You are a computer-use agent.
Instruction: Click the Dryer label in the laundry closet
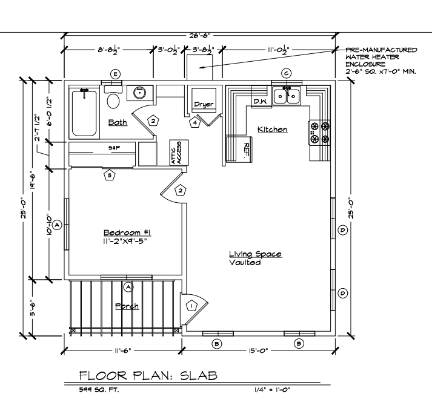click(x=204, y=104)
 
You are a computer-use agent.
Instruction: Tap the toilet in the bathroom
click(x=113, y=100)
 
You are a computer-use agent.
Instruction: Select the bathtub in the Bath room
click(x=84, y=113)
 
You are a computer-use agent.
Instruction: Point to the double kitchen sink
click(x=287, y=96)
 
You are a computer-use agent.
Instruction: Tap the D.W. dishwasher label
click(x=261, y=101)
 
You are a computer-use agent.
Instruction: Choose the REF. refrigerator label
click(x=246, y=150)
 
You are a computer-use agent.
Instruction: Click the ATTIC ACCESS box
click(x=179, y=153)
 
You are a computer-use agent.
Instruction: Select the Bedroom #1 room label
click(x=127, y=232)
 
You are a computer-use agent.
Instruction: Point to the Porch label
click(x=127, y=306)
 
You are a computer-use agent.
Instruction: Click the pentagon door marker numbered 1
click(x=191, y=306)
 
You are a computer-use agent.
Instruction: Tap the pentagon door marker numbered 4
click(x=195, y=122)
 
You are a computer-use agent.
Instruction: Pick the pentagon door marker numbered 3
click(x=110, y=175)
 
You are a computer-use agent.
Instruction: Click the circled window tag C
click(x=286, y=73)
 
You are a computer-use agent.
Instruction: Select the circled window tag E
click(x=116, y=74)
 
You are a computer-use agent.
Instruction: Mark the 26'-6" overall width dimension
click(x=200, y=36)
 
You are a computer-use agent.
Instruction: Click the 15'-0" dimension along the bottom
click(x=258, y=351)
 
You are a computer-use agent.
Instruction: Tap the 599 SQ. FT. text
click(x=99, y=390)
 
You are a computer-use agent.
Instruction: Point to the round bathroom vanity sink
click(x=140, y=93)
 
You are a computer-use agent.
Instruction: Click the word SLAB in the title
click(x=199, y=375)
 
